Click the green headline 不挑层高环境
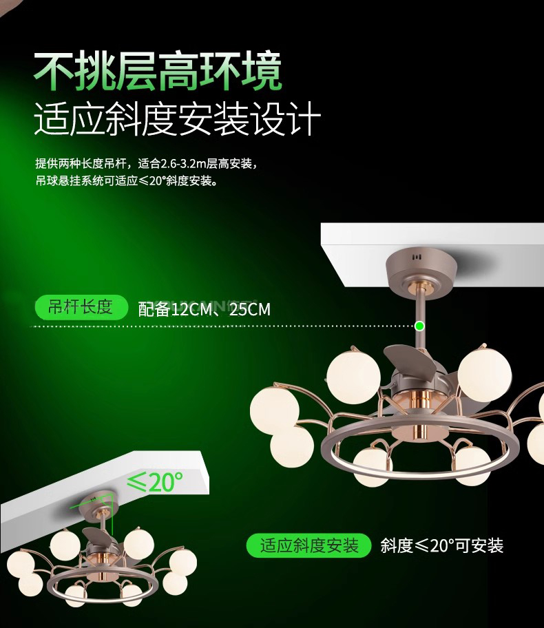[x=158, y=72]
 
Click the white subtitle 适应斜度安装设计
[x=178, y=118]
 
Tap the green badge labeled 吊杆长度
[x=81, y=307]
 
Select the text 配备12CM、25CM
[x=205, y=309]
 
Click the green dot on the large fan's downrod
[x=419, y=326]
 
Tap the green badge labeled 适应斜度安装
[x=309, y=545]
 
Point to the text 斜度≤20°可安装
[x=442, y=545]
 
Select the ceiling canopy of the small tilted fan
[x=98, y=507]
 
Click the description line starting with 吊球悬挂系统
[x=127, y=180]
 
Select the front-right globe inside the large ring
[x=472, y=465]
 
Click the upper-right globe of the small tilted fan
[x=138, y=544]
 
